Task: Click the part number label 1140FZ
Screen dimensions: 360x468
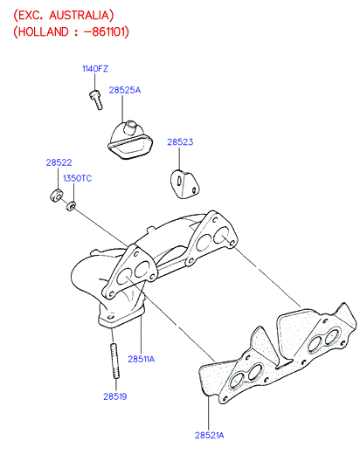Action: tap(95, 69)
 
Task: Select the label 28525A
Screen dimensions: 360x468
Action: tap(125, 90)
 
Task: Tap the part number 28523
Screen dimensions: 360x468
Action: tap(180, 142)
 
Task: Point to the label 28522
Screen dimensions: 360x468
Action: tap(59, 162)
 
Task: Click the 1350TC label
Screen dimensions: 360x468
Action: tap(78, 178)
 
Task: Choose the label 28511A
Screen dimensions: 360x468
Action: tap(141, 359)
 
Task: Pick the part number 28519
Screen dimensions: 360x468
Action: tap(115, 396)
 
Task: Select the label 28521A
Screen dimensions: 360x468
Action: tap(209, 436)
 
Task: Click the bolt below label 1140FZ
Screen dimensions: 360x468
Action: tap(96, 100)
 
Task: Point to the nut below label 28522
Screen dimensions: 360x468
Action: tap(56, 195)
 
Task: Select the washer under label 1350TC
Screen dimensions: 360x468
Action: tap(71, 206)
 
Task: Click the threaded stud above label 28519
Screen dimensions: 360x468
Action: tap(115, 361)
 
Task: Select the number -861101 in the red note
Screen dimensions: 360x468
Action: tap(105, 31)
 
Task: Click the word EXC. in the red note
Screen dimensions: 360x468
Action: tap(31, 15)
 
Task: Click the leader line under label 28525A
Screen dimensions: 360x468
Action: tap(122, 108)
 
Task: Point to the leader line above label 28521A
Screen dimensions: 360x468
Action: tap(209, 413)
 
